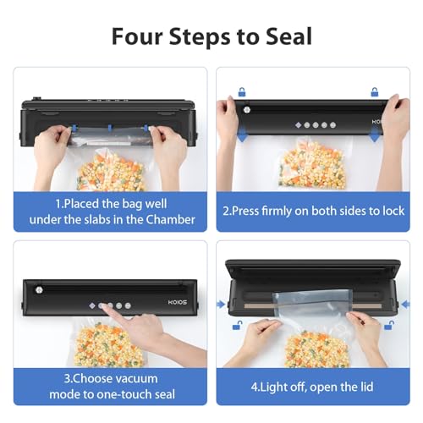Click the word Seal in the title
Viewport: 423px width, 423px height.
[x=283, y=36]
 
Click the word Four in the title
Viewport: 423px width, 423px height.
[x=137, y=36]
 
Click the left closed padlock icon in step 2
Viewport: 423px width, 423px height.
[x=241, y=91]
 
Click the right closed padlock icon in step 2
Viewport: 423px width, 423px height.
[x=374, y=91]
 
